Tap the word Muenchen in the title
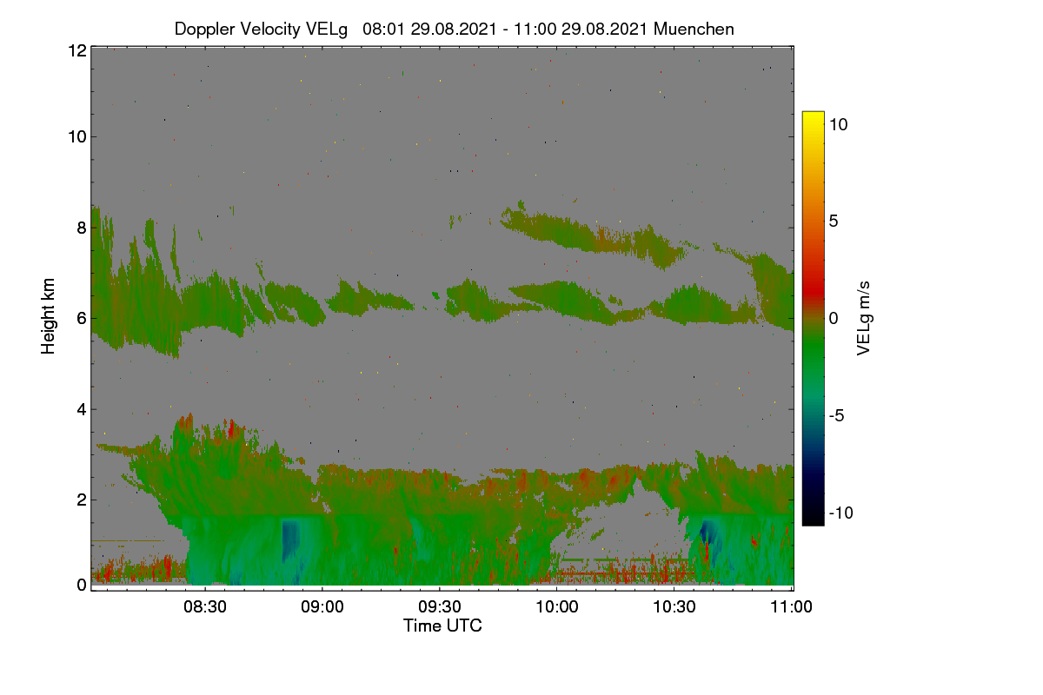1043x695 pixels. [x=694, y=29]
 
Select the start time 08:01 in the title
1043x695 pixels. [x=384, y=29]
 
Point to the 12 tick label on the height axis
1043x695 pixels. [x=77, y=50]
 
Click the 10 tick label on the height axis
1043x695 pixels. [x=77, y=137]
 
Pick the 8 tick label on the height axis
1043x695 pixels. [x=82, y=228]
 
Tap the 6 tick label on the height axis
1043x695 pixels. [x=82, y=319]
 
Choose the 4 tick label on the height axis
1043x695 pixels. [x=82, y=409]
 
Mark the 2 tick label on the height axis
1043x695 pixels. [x=82, y=500]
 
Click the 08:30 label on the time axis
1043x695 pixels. [x=205, y=606]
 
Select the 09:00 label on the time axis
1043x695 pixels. [x=322, y=606]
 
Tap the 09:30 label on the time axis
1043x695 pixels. [x=440, y=606]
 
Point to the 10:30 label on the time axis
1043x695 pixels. [x=674, y=606]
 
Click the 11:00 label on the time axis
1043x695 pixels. [x=791, y=606]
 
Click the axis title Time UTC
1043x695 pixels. [x=442, y=625]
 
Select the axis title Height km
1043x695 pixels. [x=48, y=316]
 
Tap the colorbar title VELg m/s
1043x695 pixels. [x=863, y=319]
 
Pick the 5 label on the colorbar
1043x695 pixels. [x=834, y=222]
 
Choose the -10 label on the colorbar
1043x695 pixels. [x=841, y=513]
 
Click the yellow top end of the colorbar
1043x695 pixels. [x=813, y=114]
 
